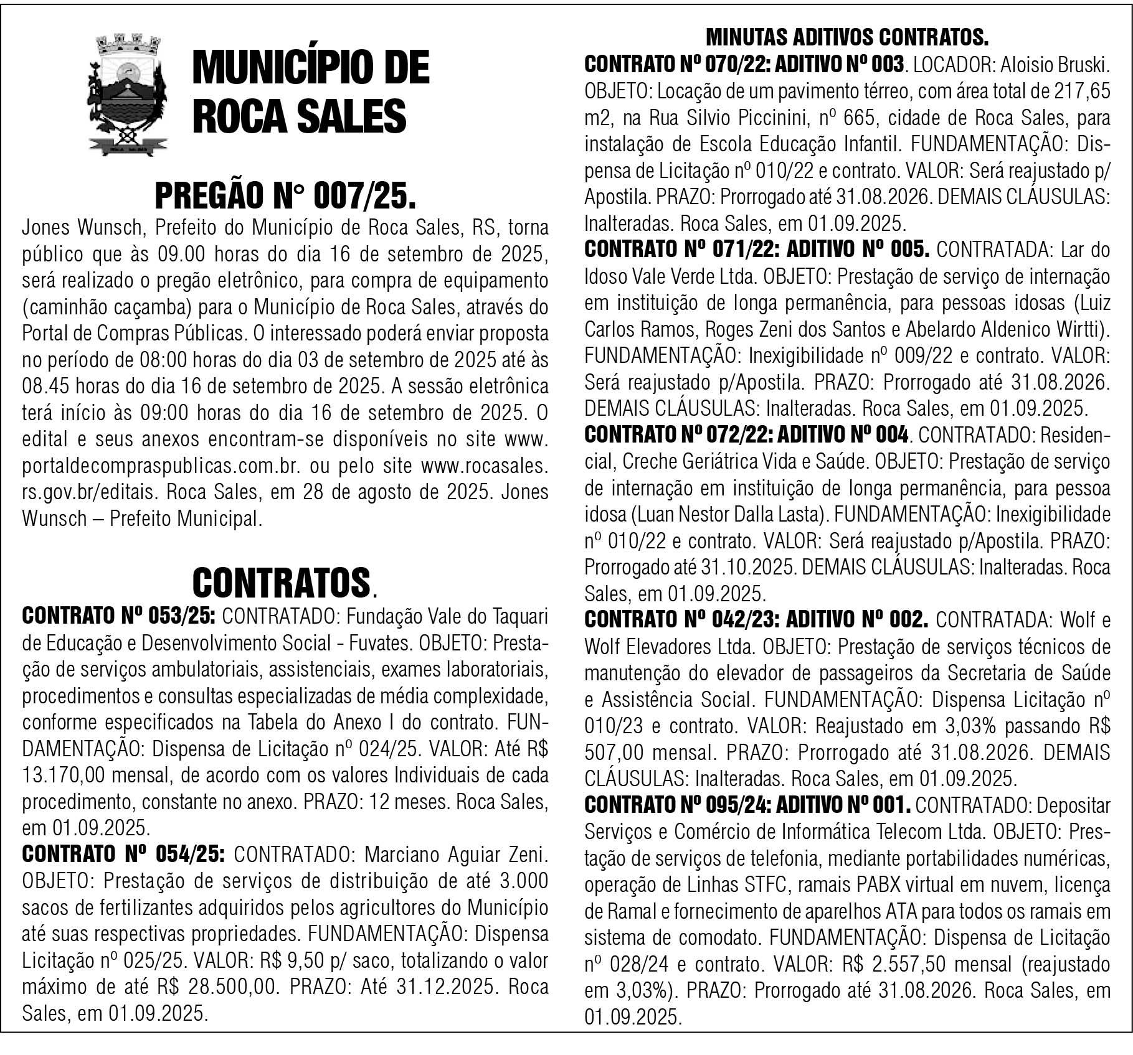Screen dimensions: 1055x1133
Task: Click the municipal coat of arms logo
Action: click(126, 97)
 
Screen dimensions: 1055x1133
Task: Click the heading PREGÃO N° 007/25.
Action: click(285, 197)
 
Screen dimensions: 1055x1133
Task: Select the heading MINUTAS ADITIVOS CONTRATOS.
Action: click(847, 38)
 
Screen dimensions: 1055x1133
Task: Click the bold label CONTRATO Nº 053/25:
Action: click(119, 617)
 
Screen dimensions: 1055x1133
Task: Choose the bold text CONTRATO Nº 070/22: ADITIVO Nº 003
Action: click(744, 65)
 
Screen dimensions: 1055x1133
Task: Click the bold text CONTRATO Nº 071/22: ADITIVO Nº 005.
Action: click(757, 250)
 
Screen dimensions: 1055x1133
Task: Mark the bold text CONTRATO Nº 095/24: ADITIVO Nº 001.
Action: click(747, 805)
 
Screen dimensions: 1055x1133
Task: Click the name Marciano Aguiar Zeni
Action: click(456, 855)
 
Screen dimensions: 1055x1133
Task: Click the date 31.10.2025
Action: click(748, 567)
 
